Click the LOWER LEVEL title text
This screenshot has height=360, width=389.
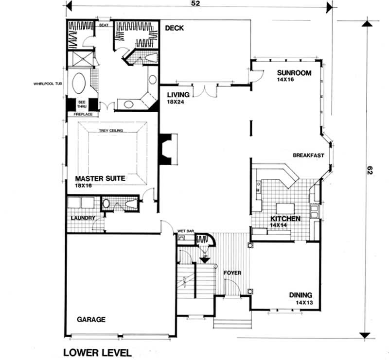(97, 352)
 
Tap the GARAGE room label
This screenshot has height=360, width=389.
(91, 320)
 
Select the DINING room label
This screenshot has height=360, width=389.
(301, 295)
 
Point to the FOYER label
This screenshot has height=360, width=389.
(232, 273)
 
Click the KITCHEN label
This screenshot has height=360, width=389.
(285, 219)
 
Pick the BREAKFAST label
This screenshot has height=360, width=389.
(309, 155)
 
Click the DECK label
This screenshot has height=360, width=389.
(174, 28)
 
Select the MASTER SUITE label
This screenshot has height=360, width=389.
(100, 179)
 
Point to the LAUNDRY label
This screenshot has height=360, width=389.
(82, 218)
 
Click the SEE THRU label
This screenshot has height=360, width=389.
(81, 105)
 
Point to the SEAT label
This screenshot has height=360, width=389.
(103, 24)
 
